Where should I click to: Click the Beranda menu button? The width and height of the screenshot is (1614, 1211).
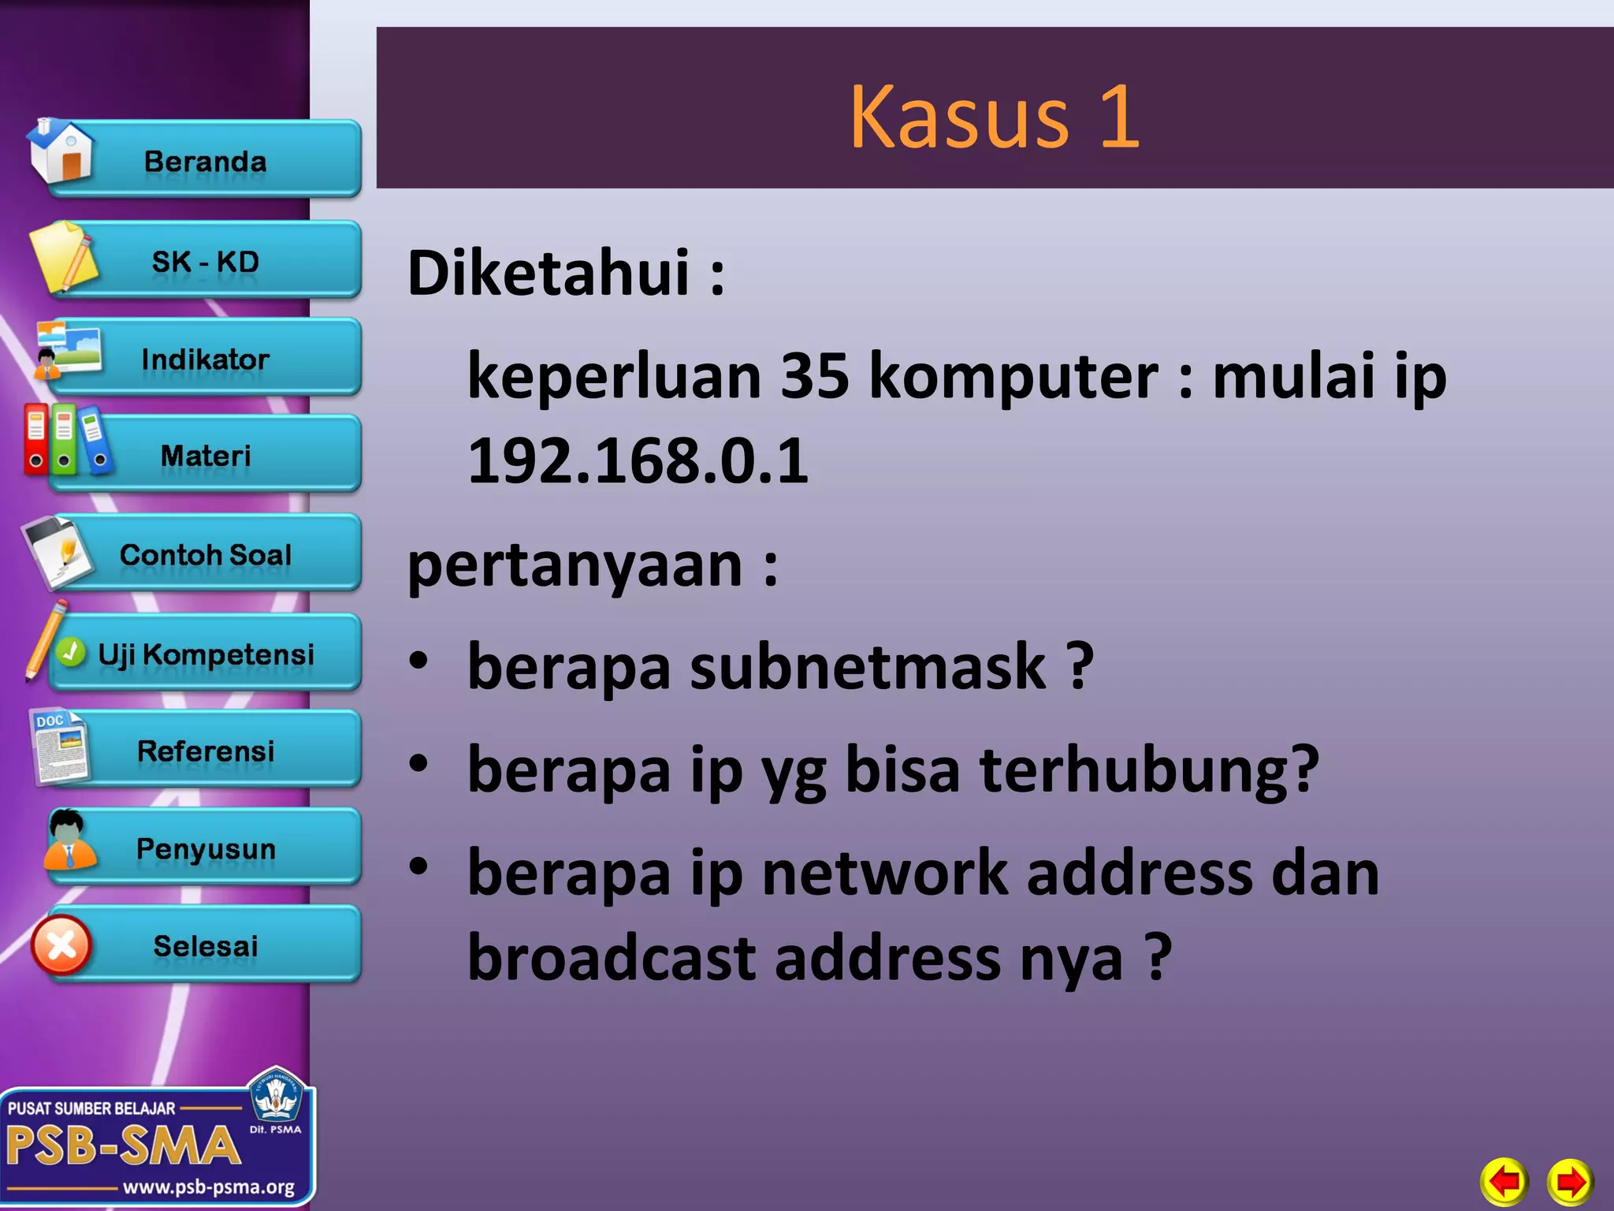point(206,161)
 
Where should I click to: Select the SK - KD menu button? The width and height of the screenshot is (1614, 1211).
point(206,261)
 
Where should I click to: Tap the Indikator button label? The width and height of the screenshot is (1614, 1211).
point(206,360)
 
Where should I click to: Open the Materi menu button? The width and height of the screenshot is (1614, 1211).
point(206,456)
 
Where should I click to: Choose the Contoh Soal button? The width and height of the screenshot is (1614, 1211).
point(206,554)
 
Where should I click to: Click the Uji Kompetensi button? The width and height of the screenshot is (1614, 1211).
point(206,654)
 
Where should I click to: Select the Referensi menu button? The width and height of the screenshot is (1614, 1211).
point(206,751)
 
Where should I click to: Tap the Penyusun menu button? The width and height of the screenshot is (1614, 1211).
point(206,849)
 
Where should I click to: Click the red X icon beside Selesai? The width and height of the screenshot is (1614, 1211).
point(61,945)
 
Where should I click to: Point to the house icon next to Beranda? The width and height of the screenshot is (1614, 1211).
point(61,151)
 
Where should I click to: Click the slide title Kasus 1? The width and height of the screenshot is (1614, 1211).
point(995,116)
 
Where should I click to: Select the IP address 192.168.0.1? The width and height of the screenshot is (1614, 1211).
point(638,460)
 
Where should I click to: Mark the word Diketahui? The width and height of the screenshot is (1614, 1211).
point(549,273)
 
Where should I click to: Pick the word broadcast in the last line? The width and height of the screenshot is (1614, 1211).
point(612,959)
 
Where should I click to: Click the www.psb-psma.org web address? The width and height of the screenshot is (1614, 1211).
point(208,1187)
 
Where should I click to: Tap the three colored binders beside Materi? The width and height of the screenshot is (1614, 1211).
point(65,440)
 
